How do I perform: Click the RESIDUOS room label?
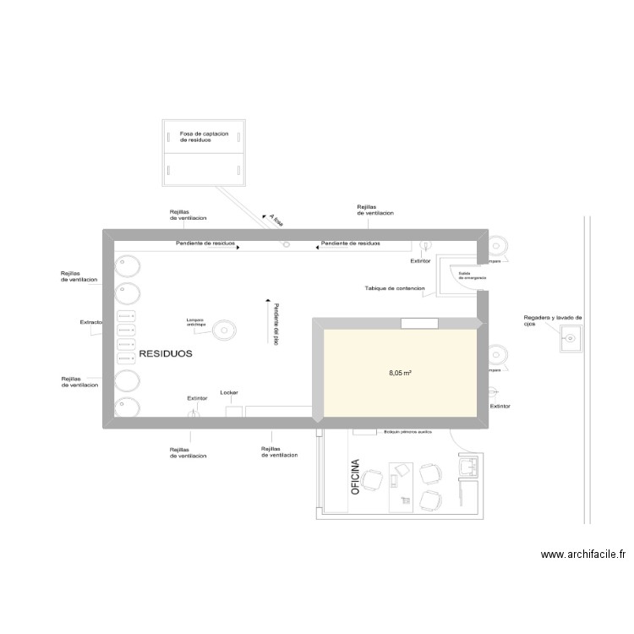166,354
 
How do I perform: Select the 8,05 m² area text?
400,372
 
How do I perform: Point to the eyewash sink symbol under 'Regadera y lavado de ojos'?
571,340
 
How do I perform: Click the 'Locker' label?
229,393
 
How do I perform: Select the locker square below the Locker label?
234,411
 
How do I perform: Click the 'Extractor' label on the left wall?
91,322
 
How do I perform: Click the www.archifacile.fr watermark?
583,555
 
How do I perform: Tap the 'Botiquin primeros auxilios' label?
407,432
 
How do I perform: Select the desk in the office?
400,487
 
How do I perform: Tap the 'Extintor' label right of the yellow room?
500,407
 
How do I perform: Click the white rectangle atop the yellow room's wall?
419,323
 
